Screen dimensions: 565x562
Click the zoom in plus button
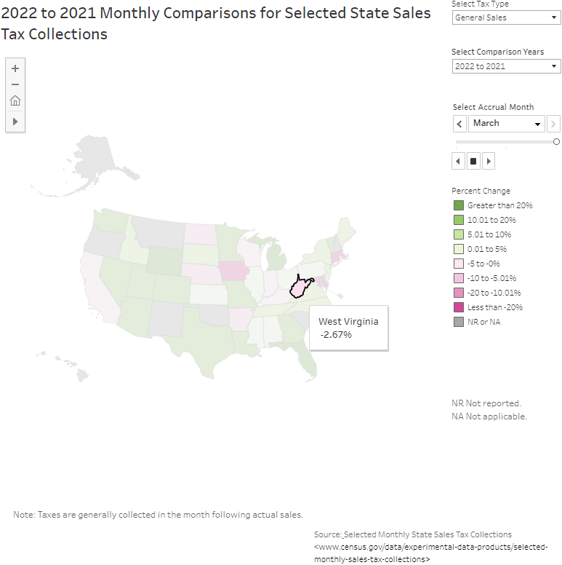click(15, 68)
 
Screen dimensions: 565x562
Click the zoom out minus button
click(15, 84)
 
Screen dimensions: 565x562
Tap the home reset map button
click(15, 101)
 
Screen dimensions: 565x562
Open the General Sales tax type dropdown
click(506, 17)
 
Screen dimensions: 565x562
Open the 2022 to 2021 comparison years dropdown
click(506, 66)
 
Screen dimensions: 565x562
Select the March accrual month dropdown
click(506, 124)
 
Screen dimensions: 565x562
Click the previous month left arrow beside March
click(459, 124)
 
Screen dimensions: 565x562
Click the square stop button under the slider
click(473, 161)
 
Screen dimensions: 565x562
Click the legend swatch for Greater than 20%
click(458, 205)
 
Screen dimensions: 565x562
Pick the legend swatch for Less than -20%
click(458, 307)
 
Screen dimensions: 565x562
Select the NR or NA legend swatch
click(458, 322)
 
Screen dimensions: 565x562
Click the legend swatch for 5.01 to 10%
click(458, 234)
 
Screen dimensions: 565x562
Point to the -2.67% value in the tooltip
click(336, 335)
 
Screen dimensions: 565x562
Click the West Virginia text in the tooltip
click(348, 321)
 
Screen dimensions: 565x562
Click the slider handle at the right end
click(556, 142)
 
